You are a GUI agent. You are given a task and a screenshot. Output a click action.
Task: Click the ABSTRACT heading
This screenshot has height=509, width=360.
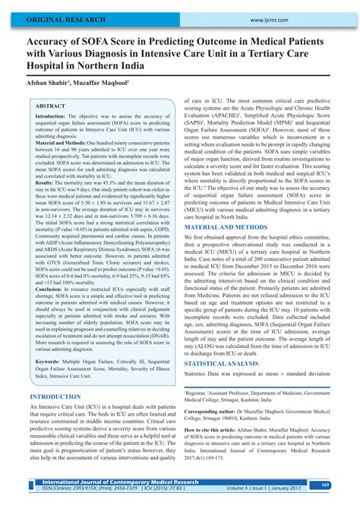(x=51, y=107)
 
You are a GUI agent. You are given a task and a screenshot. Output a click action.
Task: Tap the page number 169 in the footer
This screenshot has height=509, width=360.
(x=345, y=484)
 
